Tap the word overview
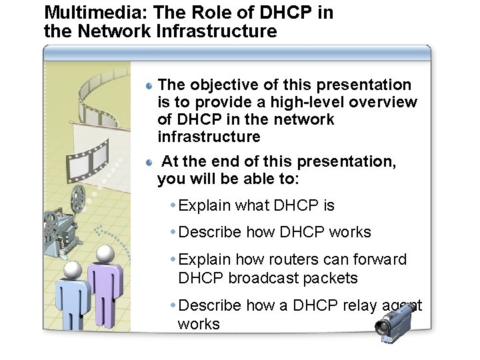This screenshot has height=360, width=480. [385, 103]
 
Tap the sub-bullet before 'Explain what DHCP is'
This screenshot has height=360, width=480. [173, 206]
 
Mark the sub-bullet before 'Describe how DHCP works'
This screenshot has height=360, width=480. [173, 233]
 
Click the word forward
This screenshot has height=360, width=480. [381, 259]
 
